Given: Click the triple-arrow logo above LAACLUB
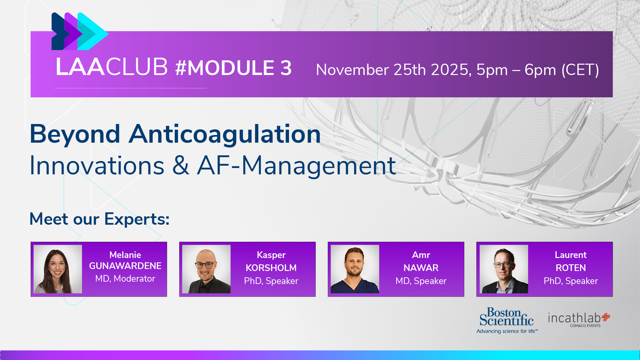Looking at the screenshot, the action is (x=80, y=31).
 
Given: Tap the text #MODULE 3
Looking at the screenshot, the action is (x=233, y=68).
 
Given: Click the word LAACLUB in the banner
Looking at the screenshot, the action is (x=112, y=67).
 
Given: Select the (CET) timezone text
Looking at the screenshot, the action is (x=580, y=70).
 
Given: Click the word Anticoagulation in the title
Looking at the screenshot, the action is (x=225, y=134).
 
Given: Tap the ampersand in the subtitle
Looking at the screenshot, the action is (x=181, y=165).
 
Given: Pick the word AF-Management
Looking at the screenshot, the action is (x=296, y=166).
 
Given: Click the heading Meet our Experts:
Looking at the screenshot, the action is (x=99, y=219).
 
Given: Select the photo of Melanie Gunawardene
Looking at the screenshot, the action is (x=58, y=269).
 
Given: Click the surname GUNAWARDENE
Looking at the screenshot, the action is (x=125, y=266).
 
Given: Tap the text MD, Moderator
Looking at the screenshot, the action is (x=125, y=279).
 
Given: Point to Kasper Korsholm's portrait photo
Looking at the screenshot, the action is (x=206, y=269).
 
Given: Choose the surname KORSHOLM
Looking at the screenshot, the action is (x=271, y=268).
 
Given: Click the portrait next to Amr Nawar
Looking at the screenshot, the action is (x=355, y=269).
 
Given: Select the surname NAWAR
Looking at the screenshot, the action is (x=421, y=268).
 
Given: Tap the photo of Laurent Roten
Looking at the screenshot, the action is (x=504, y=269).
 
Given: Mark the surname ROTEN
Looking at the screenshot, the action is (x=571, y=268).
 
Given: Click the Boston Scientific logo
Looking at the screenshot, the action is (x=507, y=320).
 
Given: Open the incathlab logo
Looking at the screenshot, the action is (x=579, y=320).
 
